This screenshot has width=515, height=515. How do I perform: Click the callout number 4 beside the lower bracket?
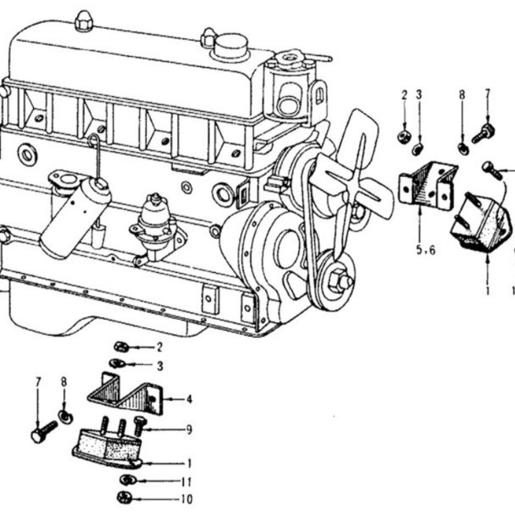coord(189,400)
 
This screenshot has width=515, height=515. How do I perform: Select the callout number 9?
coord(189,430)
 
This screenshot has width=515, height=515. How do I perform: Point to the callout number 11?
coord(186,482)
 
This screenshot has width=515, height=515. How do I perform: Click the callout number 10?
coord(186,499)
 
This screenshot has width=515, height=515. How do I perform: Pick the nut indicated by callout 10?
coord(124,498)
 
